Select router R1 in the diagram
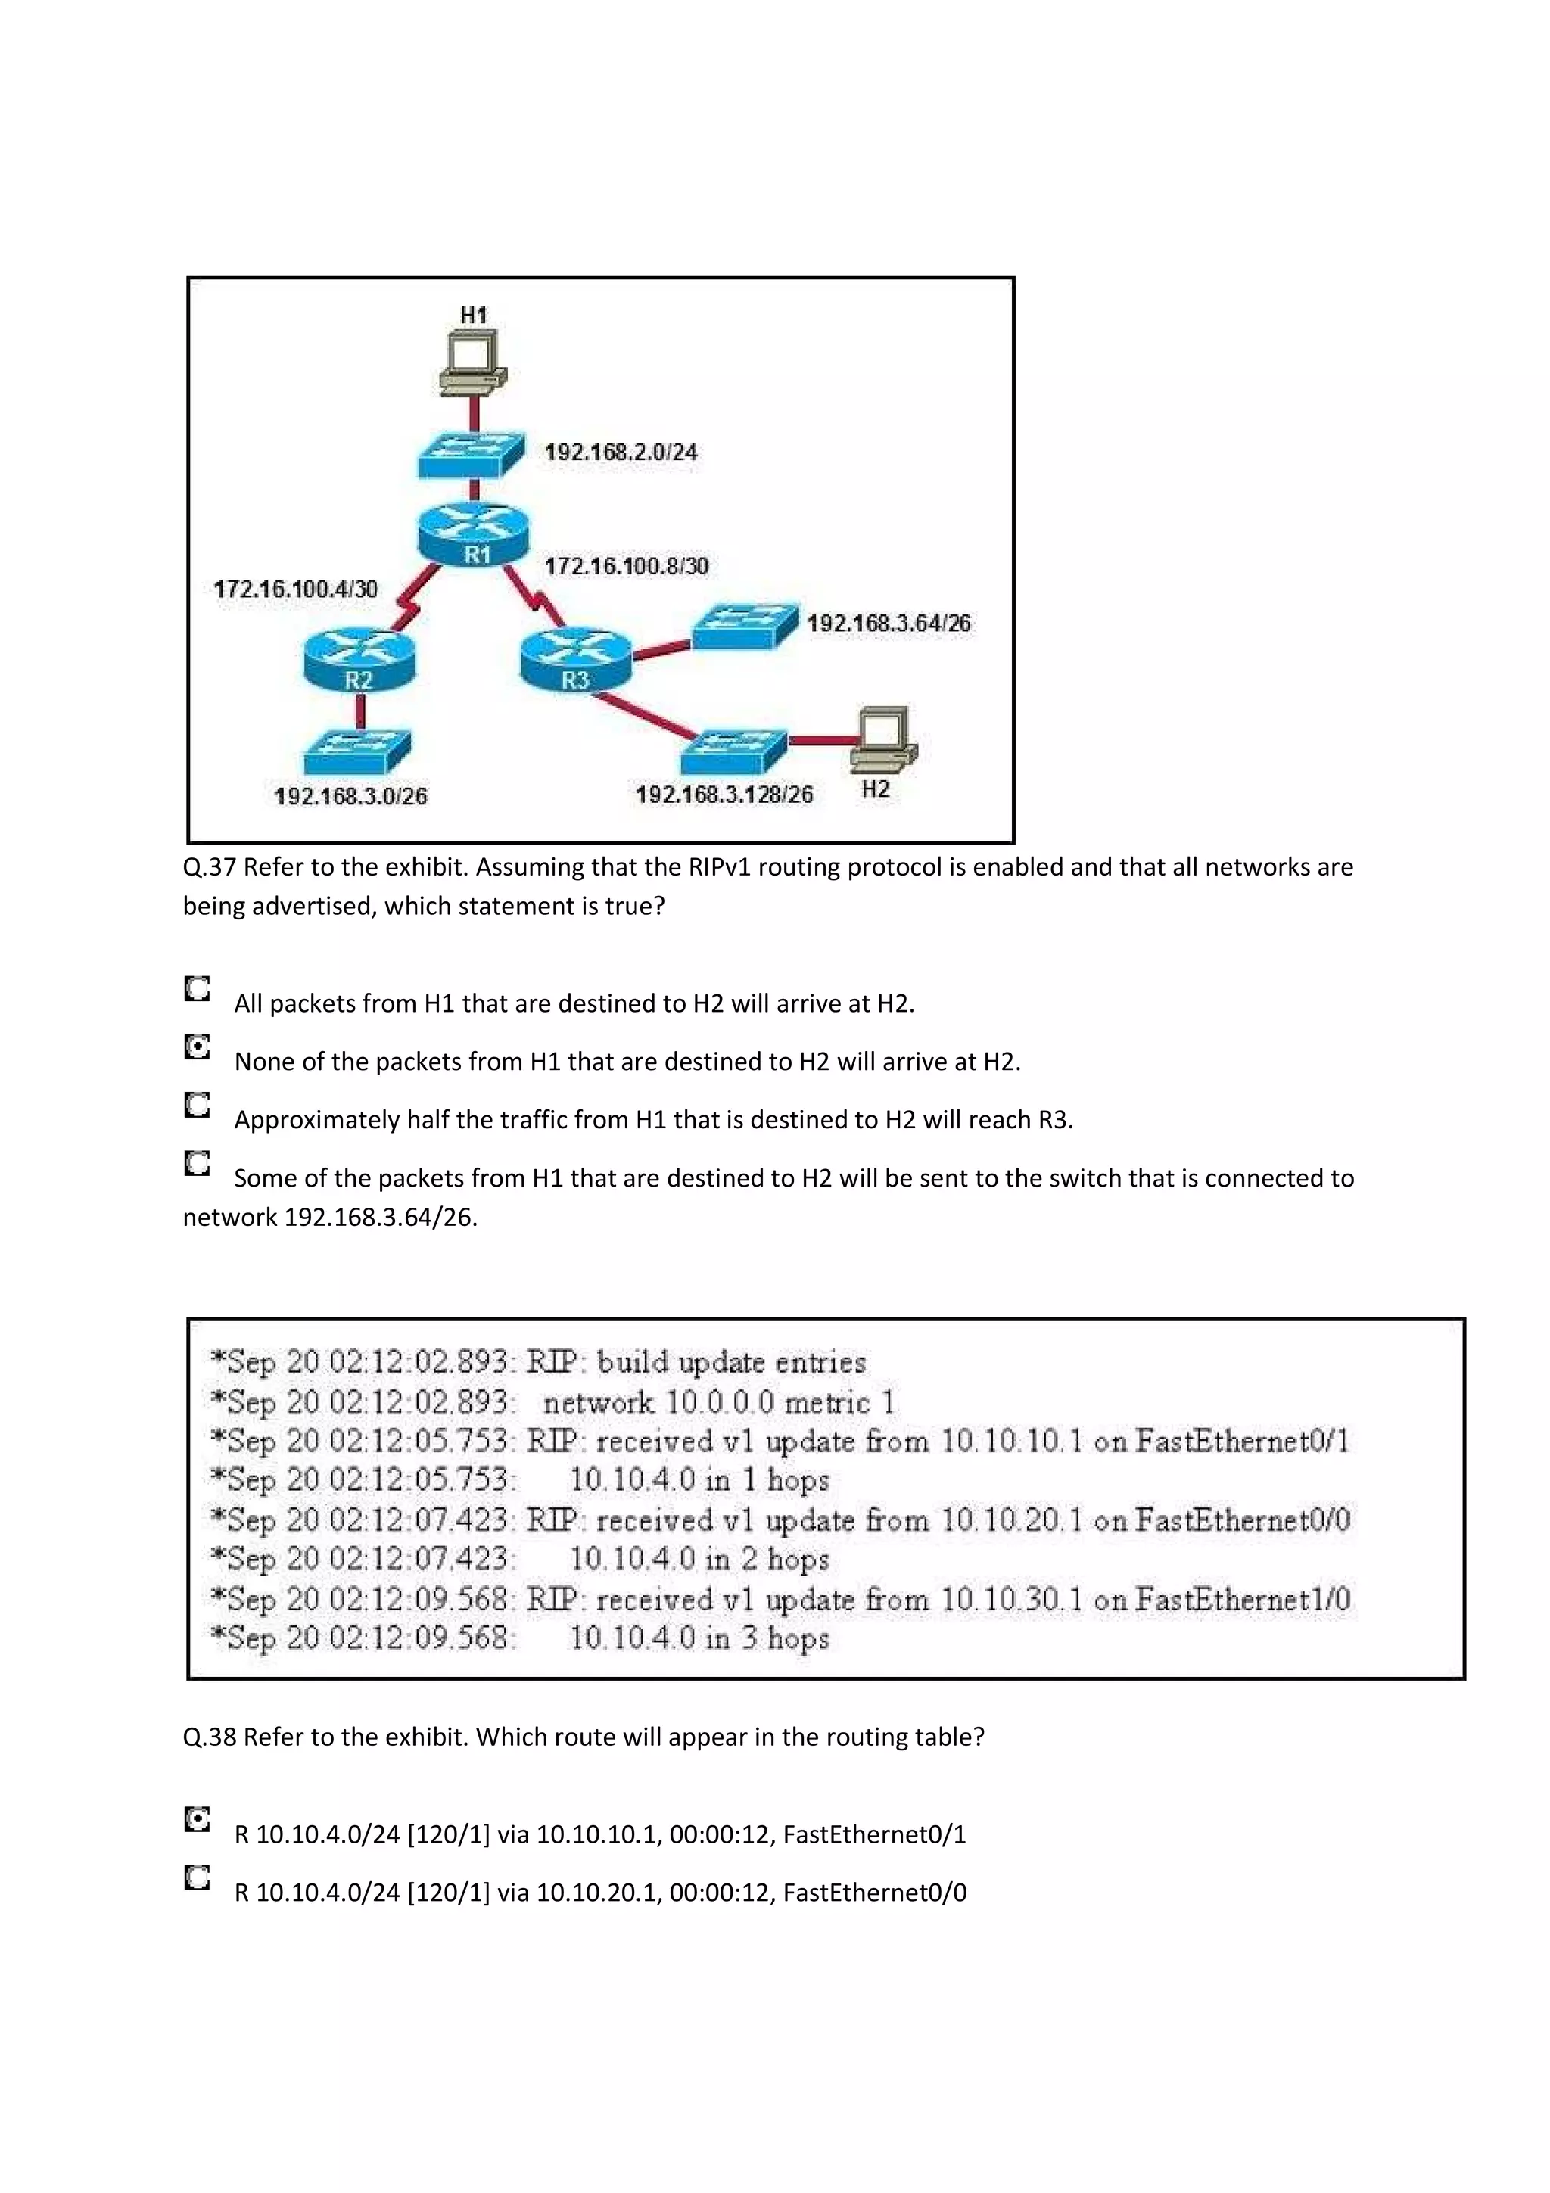pos(473,534)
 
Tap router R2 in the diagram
pos(359,659)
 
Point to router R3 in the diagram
pos(576,659)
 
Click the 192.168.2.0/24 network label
pos(621,452)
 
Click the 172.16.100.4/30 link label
pos(295,589)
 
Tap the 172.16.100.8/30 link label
pos(627,566)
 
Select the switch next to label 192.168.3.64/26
pos(744,626)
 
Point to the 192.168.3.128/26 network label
pos(724,795)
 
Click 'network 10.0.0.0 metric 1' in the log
pos(719,1402)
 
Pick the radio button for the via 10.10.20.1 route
pos(197,1877)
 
